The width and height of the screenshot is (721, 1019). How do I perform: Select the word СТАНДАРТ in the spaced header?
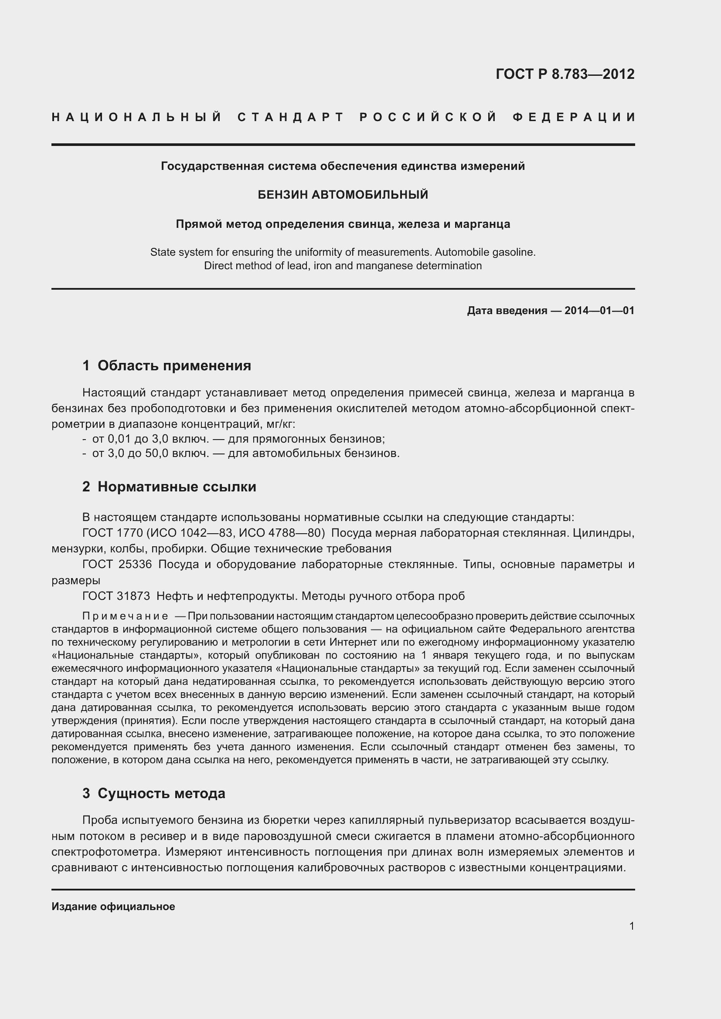tap(291, 117)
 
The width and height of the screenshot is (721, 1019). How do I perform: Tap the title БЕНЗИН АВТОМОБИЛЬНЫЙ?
tap(343, 194)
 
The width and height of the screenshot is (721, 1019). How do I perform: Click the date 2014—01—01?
tap(599, 311)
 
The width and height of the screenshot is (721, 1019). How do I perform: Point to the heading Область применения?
tap(174, 366)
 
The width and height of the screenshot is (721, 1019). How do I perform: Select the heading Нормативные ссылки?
tap(177, 487)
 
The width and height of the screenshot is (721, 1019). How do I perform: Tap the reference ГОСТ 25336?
tap(117, 565)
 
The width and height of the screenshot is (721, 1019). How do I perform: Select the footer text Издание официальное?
tap(113, 907)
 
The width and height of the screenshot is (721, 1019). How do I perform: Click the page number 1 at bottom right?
tap(631, 926)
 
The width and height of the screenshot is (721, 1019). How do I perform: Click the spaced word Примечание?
tap(125, 616)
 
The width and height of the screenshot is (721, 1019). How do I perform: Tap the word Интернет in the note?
tap(352, 642)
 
